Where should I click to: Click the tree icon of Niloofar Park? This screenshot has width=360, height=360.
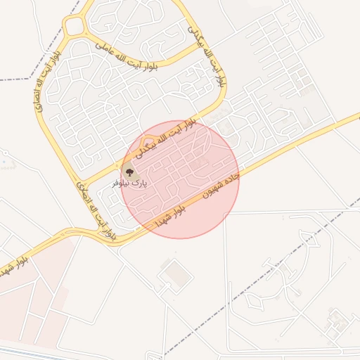[129, 170]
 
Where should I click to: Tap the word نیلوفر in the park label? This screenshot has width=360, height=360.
[121, 182]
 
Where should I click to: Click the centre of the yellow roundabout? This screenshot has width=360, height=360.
[74, 27]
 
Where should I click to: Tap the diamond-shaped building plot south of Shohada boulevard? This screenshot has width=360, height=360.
[174, 274]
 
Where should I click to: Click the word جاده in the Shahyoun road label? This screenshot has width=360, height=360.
[233, 176]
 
